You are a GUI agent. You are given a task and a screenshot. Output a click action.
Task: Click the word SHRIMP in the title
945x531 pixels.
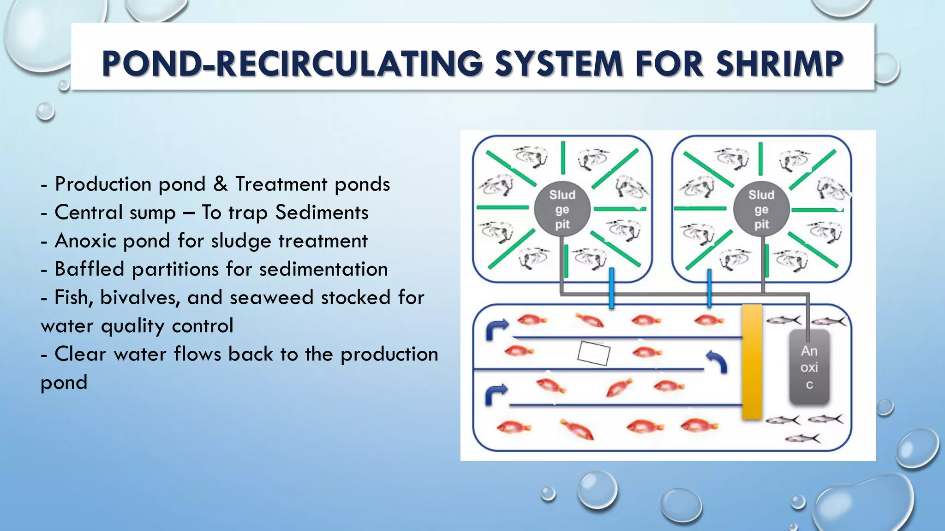779,64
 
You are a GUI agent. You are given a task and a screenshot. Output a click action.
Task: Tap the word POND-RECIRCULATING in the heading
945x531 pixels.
292,64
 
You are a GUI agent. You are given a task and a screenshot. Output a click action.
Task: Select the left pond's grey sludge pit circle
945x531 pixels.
562,210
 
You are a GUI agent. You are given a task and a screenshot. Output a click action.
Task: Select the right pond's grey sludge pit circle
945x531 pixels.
761,210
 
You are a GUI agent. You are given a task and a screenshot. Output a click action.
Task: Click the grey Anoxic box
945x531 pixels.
809,367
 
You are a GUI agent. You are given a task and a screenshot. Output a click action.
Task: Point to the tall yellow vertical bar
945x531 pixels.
752,362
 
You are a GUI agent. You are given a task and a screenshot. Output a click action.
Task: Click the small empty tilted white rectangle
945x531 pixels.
594,353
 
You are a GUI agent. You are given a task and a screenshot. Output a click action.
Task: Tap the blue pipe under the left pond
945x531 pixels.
611,288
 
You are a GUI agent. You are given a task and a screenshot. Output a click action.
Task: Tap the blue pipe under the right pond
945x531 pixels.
709,288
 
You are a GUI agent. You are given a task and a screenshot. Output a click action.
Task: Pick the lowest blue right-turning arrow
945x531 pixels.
496,395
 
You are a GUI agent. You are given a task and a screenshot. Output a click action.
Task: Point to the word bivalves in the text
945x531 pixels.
140,298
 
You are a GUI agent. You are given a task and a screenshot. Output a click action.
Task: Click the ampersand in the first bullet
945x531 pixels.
220,184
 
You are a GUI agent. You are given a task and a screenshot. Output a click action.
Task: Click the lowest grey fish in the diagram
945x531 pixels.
802,438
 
